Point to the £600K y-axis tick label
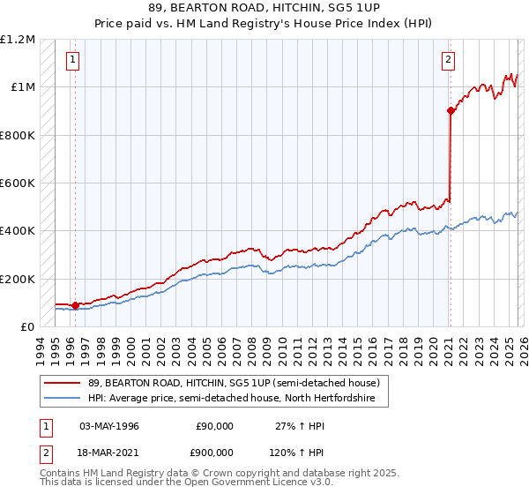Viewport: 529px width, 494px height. (19, 183)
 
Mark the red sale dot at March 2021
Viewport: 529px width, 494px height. (450, 111)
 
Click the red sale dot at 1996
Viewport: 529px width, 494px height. (75, 306)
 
